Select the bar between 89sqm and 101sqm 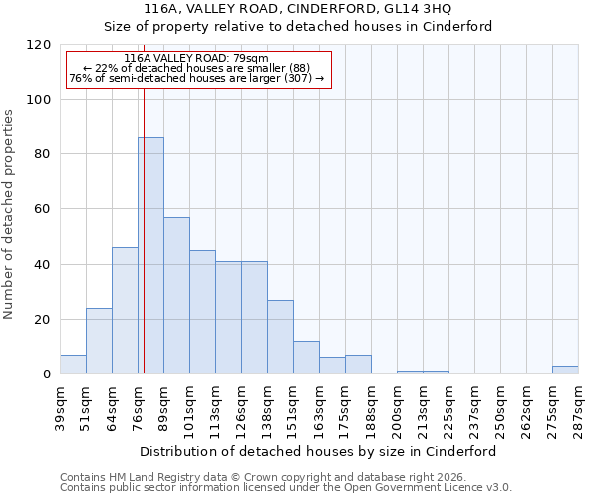click(x=176, y=295)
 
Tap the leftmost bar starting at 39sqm click(x=73, y=365)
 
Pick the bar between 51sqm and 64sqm click(x=99, y=341)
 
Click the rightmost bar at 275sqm click(x=565, y=370)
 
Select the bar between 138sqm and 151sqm click(x=280, y=337)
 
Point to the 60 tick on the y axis click(x=43, y=209)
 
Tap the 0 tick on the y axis click(x=47, y=374)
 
